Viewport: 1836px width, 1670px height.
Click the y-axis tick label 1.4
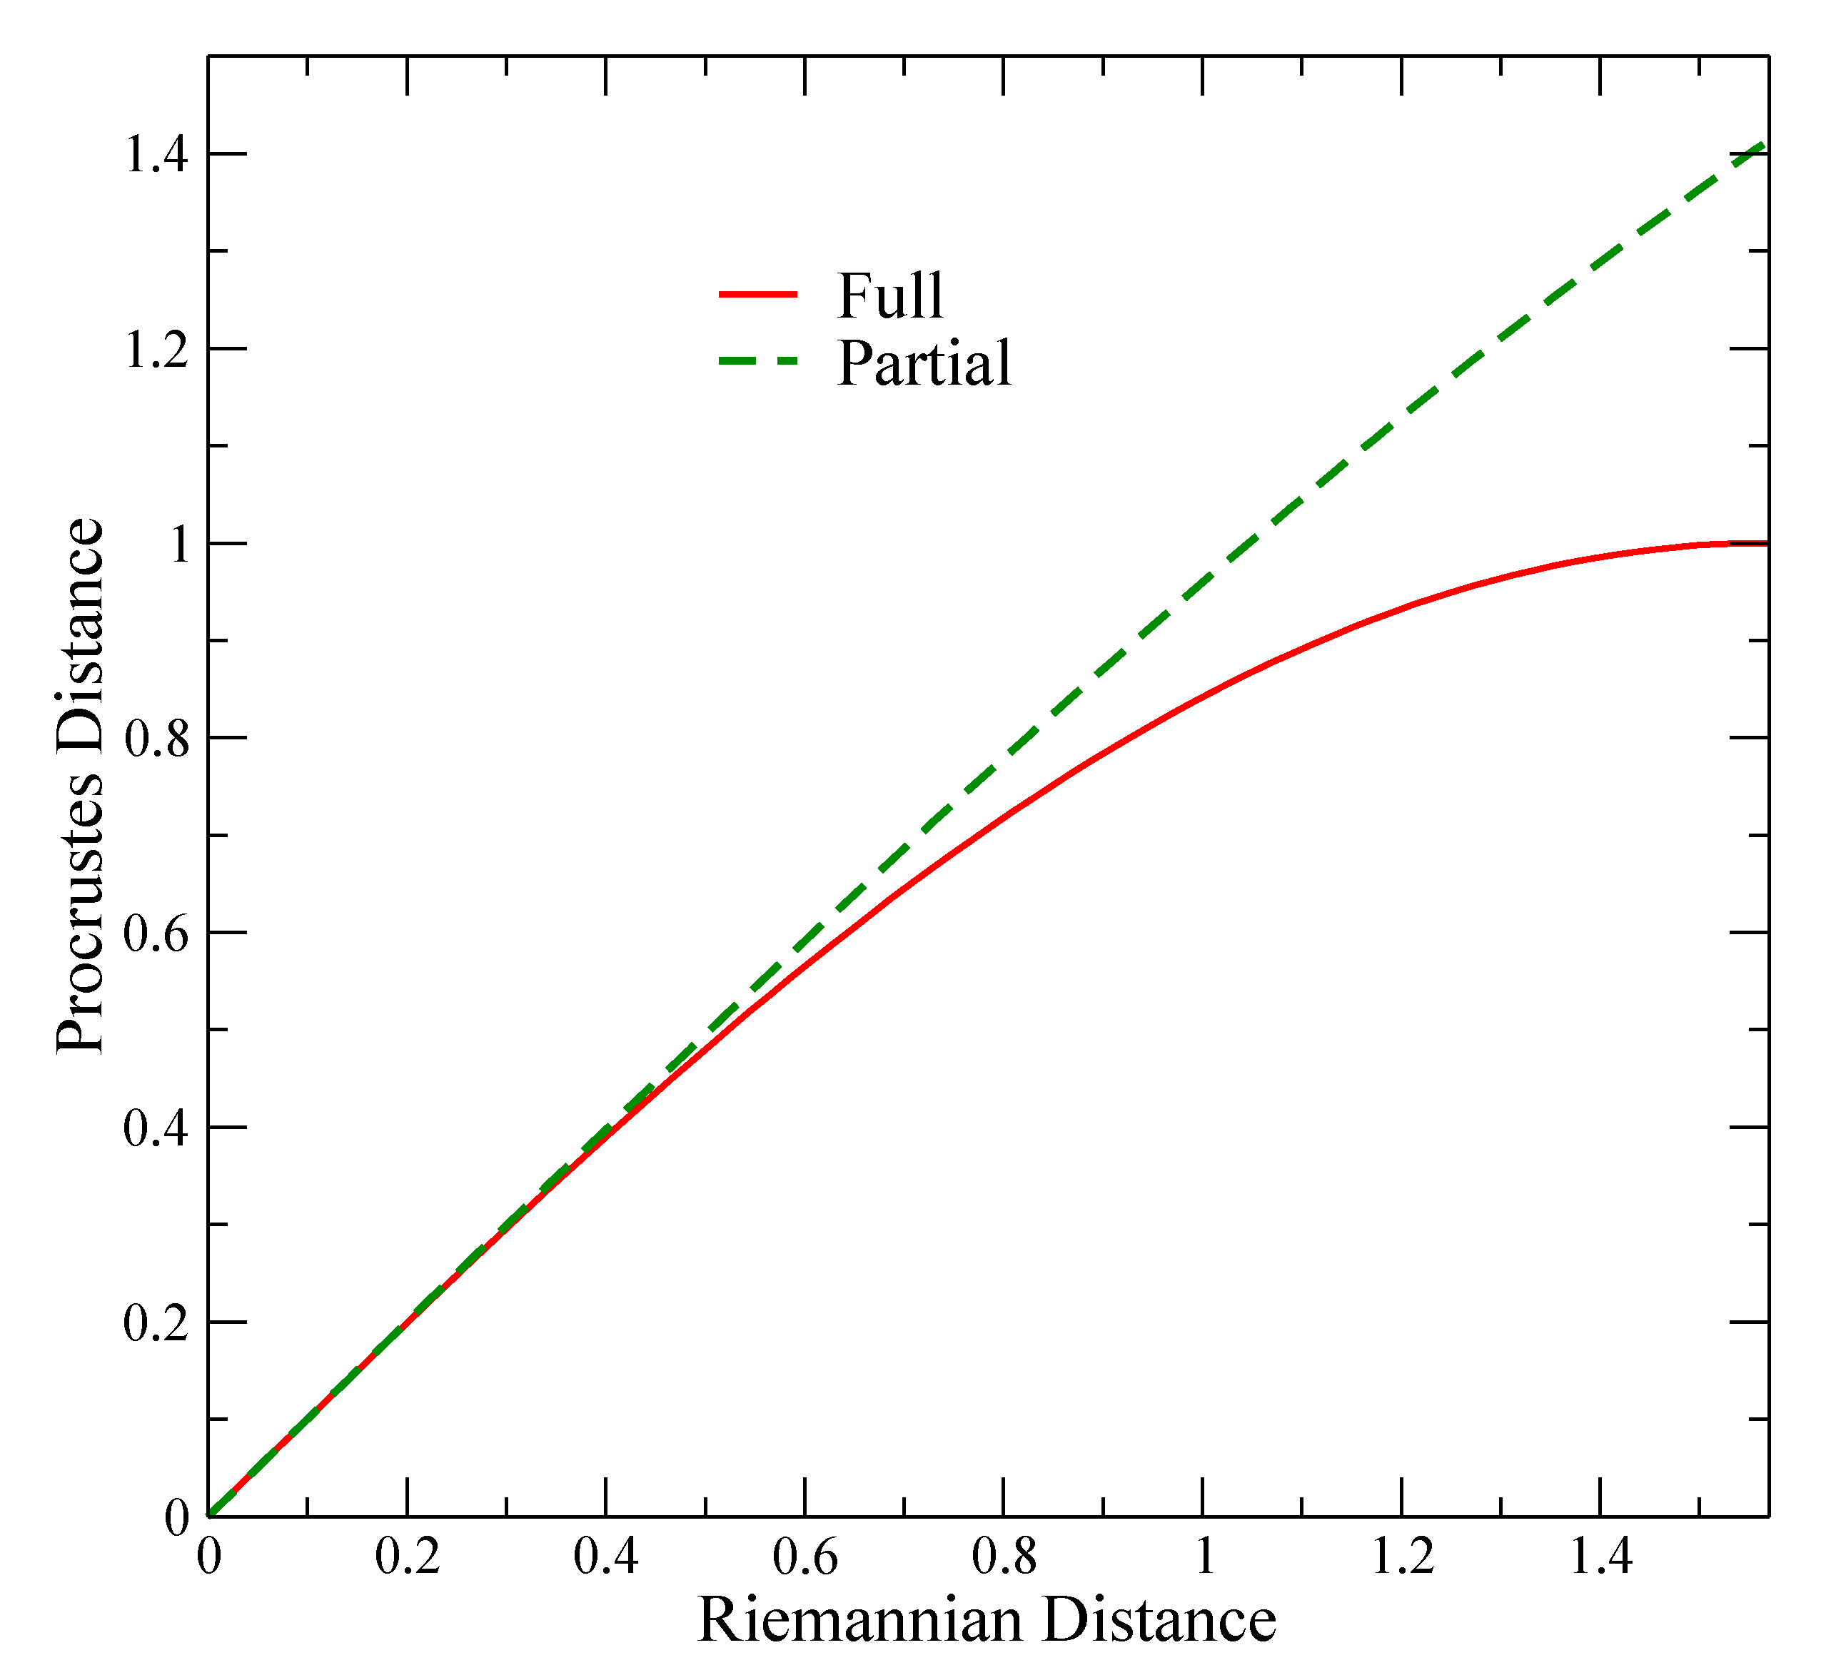click(x=156, y=155)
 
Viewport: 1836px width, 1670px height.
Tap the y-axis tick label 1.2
click(x=156, y=350)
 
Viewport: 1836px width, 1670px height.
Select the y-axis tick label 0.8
click(x=156, y=739)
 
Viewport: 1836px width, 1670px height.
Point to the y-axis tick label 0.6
click(x=156, y=934)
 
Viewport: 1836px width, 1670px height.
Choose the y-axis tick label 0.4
click(x=156, y=1129)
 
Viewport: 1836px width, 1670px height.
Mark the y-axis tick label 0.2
click(x=156, y=1324)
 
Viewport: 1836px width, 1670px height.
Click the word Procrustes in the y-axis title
click(x=80, y=920)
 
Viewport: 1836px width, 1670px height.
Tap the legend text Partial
click(x=924, y=363)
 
